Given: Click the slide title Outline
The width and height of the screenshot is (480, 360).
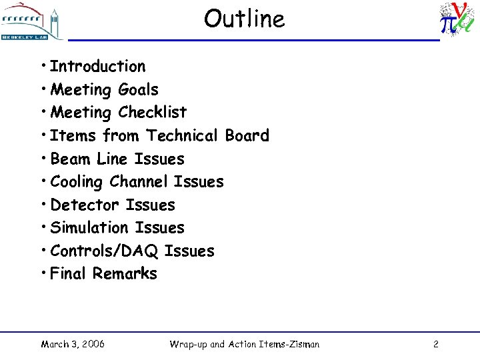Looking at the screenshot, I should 244,19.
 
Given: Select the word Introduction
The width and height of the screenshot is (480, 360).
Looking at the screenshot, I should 97,67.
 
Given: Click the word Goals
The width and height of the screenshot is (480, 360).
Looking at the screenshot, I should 138,89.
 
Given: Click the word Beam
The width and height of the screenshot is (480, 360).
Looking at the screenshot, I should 71,159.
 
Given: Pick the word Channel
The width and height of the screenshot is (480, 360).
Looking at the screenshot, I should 139,181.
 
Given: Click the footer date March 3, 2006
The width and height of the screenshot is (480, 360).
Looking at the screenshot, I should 73,344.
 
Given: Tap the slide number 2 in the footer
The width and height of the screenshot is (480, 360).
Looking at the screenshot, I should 435,344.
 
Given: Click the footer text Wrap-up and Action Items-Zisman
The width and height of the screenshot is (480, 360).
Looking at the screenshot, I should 244,344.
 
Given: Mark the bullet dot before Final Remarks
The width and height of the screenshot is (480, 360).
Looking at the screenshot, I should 43,272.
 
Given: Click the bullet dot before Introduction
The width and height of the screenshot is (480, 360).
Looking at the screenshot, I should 43,65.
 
